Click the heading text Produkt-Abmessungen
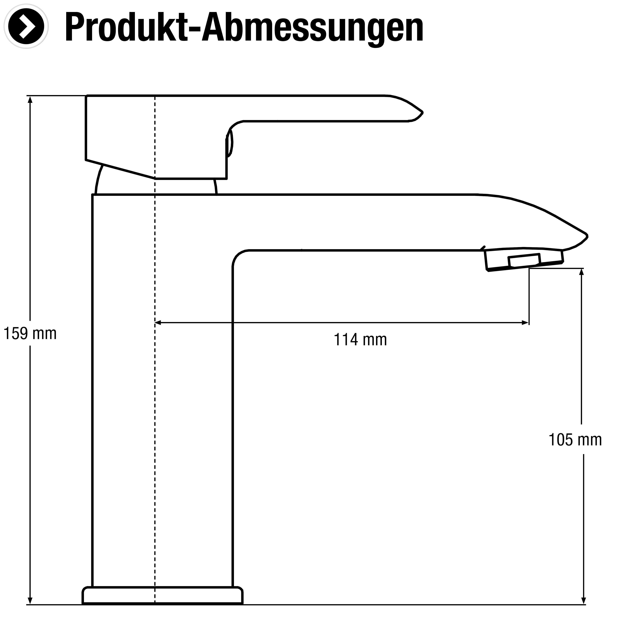(244, 28)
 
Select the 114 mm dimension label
(360, 340)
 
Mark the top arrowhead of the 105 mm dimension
(582, 272)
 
